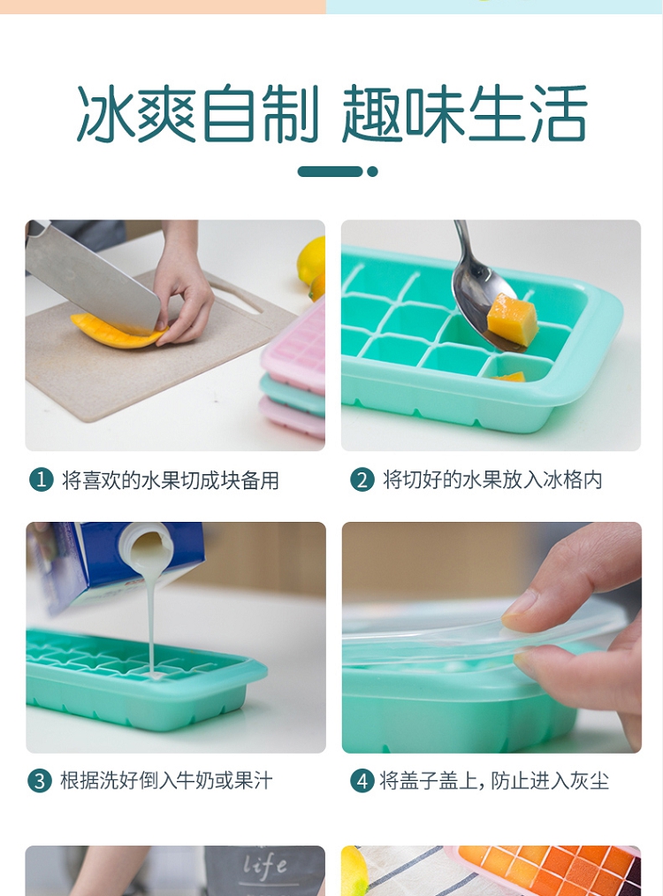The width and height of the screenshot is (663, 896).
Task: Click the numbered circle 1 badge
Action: tap(42, 480)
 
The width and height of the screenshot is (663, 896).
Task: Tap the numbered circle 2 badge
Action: tap(362, 480)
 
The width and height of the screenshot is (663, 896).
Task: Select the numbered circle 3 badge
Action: tap(40, 780)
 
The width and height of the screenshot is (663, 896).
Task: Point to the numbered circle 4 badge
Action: tap(362, 780)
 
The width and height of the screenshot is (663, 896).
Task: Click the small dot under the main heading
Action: tap(372, 172)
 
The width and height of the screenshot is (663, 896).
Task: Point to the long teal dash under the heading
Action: tap(330, 172)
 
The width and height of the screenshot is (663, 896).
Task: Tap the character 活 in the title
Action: tap(558, 113)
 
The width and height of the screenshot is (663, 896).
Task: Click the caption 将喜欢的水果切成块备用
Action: tap(171, 480)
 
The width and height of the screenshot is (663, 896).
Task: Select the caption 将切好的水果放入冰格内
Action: tap(492, 480)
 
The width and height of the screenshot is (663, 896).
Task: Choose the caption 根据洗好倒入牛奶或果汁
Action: tap(166, 780)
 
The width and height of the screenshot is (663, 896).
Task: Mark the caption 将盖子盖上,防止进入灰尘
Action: tap(494, 780)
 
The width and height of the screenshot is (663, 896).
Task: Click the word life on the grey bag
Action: tap(265, 866)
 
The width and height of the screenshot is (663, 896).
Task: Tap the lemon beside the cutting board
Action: tap(312, 260)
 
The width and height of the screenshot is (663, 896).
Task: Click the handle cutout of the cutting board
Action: tap(234, 295)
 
